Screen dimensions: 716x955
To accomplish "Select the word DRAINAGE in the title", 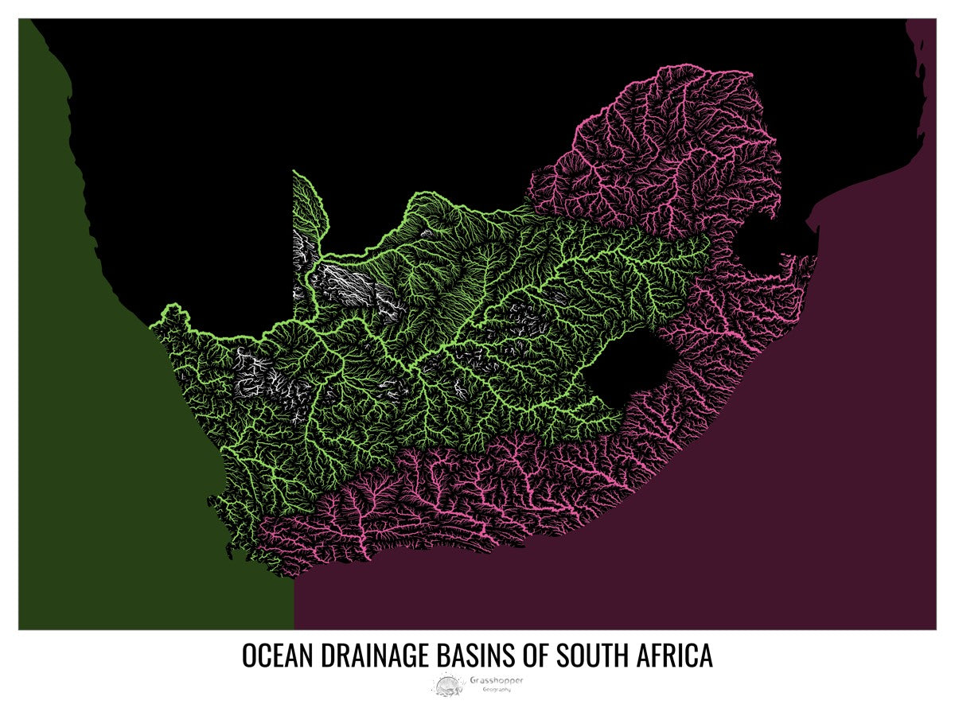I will [374, 656].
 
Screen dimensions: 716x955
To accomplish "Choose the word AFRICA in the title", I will [674, 656].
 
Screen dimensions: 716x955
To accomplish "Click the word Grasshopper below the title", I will [497, 680].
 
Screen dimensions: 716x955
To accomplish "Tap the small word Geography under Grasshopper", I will [497, 689].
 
